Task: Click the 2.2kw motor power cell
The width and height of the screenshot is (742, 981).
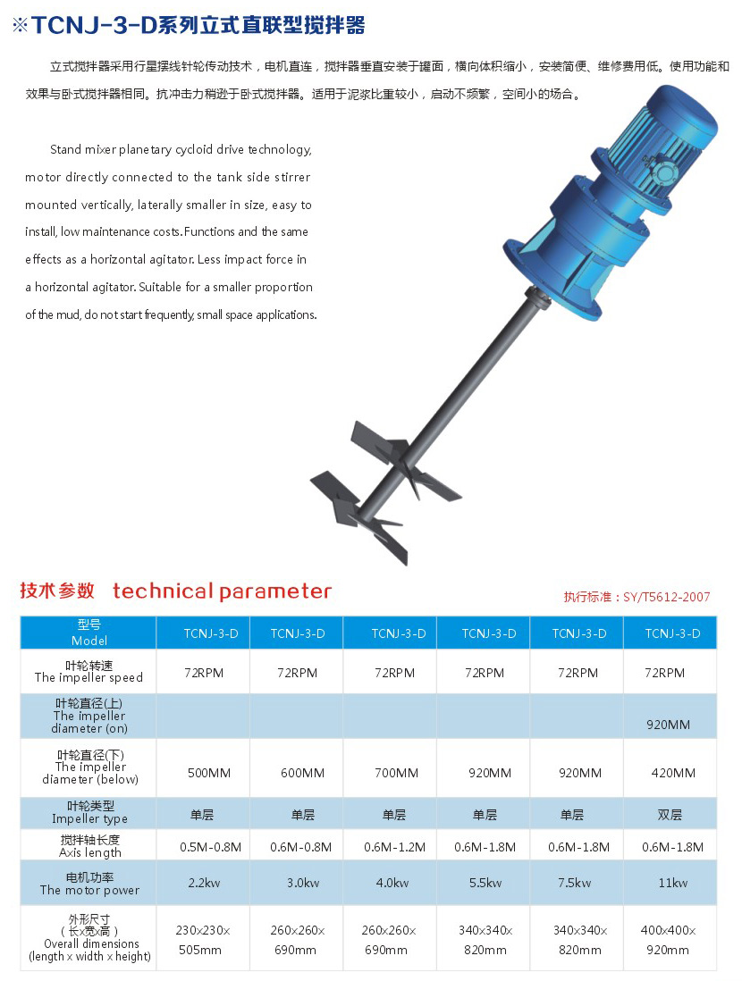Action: pyautogui.click(x=204, y=883)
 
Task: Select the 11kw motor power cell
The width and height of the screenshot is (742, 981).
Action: pyautogui.click(x=672, y=883)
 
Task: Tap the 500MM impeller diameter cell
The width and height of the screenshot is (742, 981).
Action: pyautogui.click(x=204, y=773)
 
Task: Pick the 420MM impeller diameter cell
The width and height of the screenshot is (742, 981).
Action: pyautogui.click(x=672, y=773)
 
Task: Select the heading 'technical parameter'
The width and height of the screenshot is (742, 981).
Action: pyautogui.click(x=222, y=591)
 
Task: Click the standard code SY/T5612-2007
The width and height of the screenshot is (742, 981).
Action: pyautogui.click(x=659, y=597)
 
